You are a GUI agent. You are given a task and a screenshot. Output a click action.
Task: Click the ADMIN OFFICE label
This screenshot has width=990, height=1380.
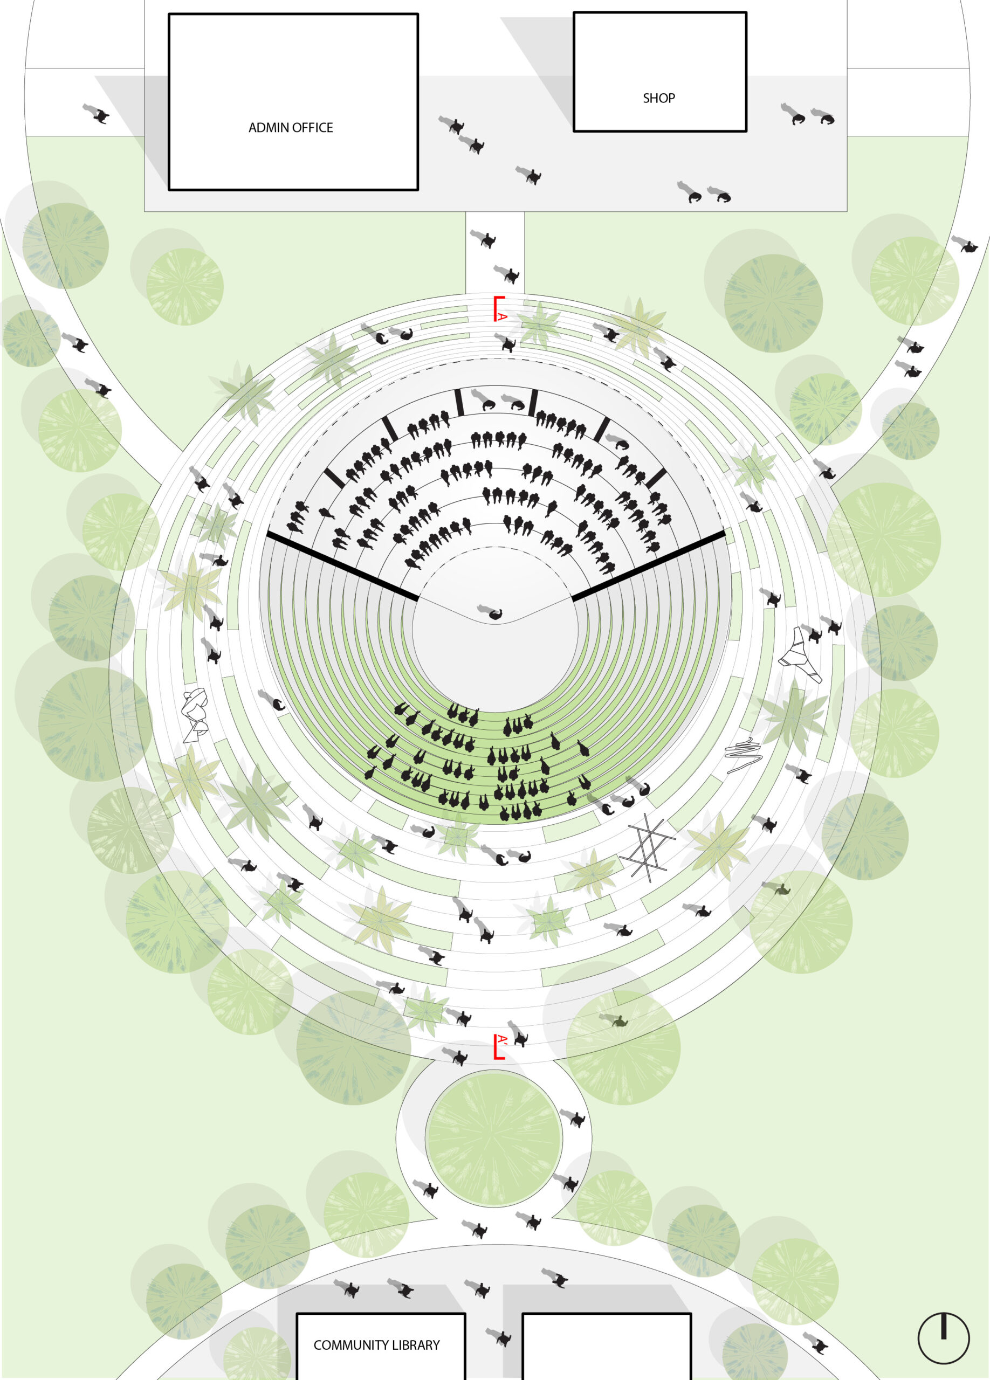point(290,128)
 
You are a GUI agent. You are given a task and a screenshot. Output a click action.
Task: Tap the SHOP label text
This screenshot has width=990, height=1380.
point(659,98)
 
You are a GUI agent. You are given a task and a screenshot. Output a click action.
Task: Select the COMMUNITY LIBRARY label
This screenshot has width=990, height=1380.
point(377,1345)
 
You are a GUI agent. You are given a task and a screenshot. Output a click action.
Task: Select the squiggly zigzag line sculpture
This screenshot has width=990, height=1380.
point(744,755)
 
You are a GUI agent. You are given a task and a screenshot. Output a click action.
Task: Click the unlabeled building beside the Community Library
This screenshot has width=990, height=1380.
point(607,1347)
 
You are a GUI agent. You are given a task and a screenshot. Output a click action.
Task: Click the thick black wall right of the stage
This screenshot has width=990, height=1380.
point(649,565)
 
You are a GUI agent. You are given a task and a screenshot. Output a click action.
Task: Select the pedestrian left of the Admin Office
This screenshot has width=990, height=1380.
point(96,114)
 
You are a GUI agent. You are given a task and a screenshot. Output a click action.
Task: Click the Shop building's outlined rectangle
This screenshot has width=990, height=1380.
point(660,71)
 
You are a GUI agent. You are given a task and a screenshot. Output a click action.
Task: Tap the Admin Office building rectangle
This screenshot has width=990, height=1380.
point(293,102)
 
